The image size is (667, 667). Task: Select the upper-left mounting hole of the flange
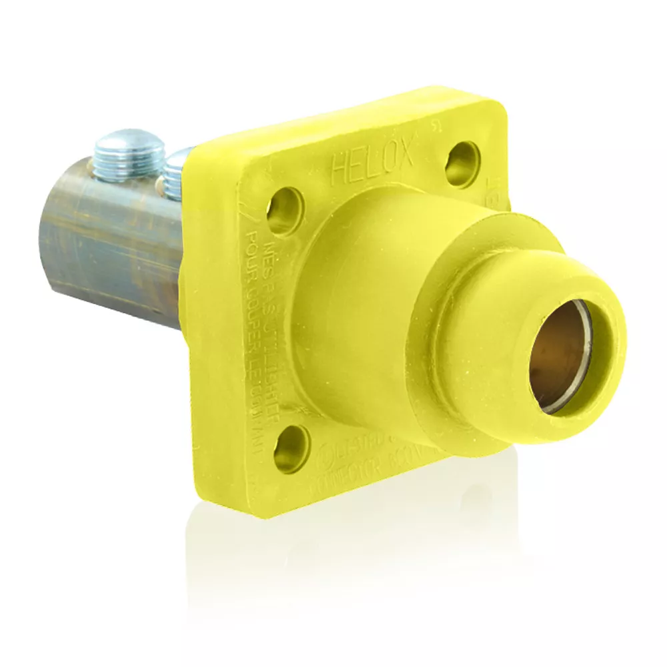[x=285, y=211]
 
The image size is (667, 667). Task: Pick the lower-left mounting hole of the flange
[x=291, y=448]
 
